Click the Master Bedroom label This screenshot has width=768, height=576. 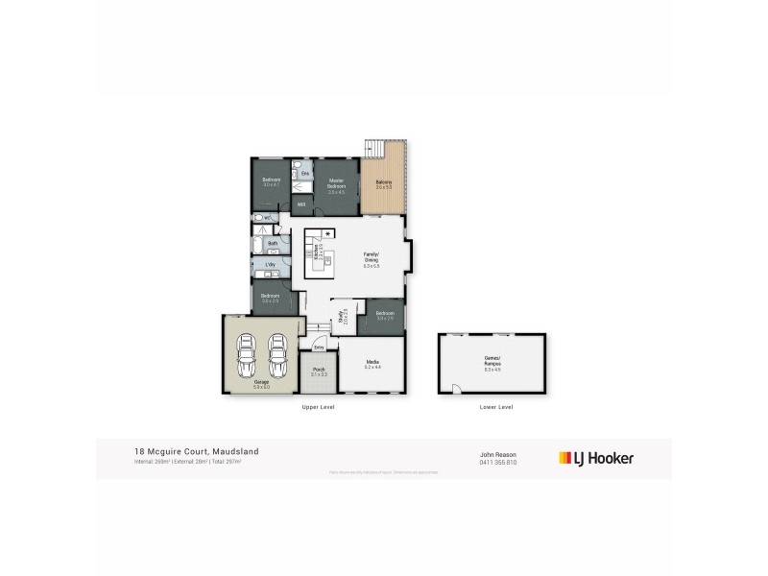pos(336,182)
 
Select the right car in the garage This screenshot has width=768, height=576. pos(278,358)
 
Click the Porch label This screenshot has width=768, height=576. pos(318,370)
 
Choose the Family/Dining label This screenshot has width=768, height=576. pos(371,259)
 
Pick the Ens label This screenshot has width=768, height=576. pos(304,173)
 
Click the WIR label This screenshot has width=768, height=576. pos(300,204)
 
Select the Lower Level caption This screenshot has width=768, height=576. pos(496,407)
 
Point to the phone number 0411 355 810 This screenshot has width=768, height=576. pos(498,462)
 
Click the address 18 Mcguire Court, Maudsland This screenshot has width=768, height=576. pos(196,451)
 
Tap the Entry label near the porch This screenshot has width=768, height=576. pos(319,347)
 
